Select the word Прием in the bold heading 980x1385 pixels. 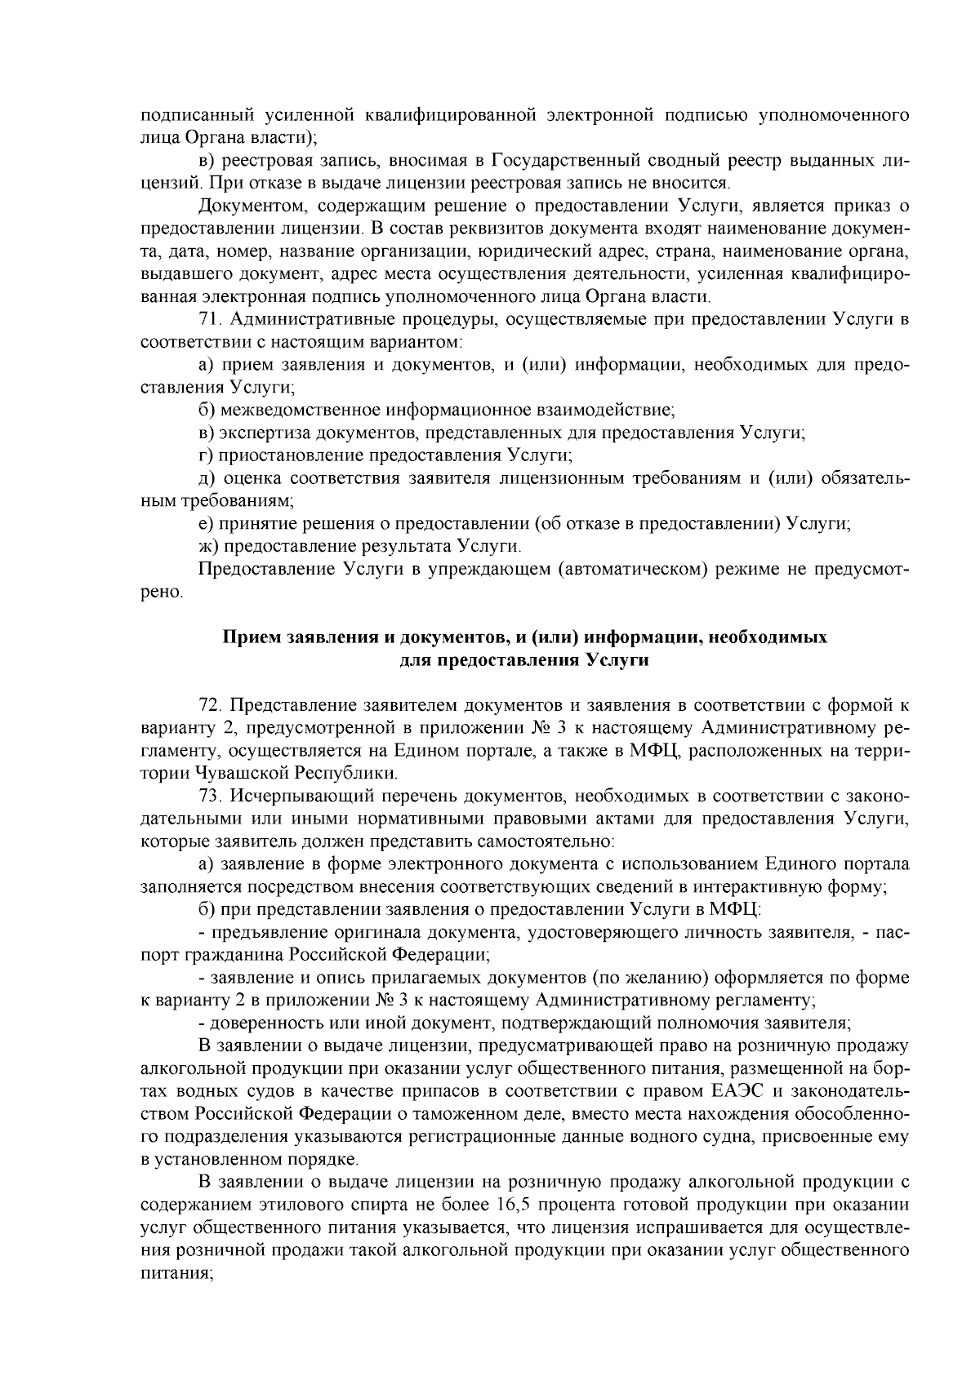pos(249,637)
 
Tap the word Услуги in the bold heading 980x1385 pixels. pos(618,660)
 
